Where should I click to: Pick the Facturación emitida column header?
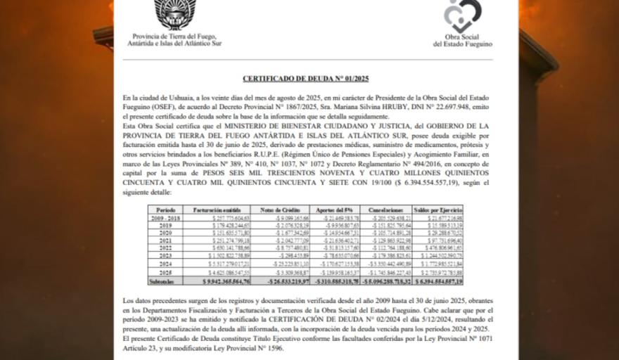(212, 210)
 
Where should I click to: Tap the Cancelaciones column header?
(386, 210)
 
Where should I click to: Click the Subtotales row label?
(165, 281)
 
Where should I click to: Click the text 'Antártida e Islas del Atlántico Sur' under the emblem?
(174, 43)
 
